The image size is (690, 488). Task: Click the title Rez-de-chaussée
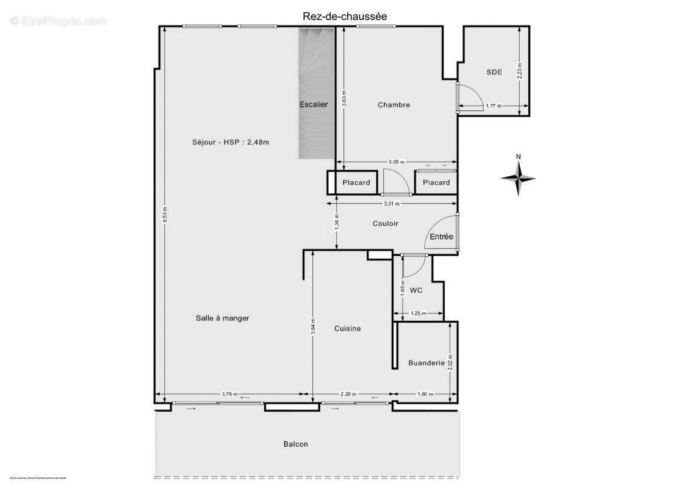tap(345, 16)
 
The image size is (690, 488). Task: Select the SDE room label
tap(494, 72)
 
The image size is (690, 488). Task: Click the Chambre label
tap(394, 105)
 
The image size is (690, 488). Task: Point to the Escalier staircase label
tap(314, 104)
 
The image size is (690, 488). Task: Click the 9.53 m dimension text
tap(164, 215)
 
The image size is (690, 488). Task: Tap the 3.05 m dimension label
tap(397, 162)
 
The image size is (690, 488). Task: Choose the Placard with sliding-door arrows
tap(436, 182)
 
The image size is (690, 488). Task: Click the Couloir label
tap(385, 223)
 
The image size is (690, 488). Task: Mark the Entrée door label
tap(441, 237)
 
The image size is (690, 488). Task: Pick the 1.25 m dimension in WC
tap(418, 314)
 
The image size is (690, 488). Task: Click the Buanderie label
tap(426, 363)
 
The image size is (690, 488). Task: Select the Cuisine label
tap(347, 328)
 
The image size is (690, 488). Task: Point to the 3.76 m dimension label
tap(229, 394)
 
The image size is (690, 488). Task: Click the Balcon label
tap(295, 444)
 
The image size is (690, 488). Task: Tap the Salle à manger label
tap(222, 318)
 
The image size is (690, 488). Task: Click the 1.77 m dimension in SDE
tap(494, 106)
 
